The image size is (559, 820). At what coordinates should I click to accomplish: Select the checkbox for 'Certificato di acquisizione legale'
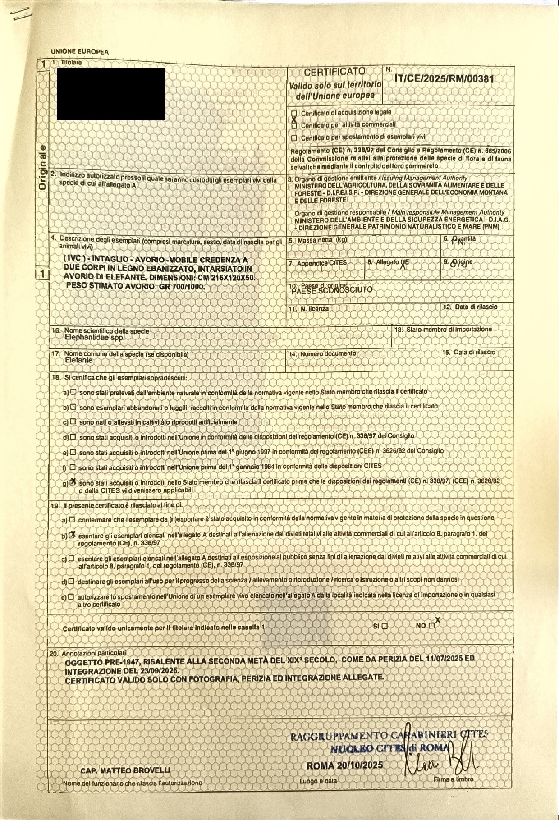[x=294, y=113]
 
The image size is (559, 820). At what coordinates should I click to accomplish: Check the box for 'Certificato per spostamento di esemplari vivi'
[x=294, y=138]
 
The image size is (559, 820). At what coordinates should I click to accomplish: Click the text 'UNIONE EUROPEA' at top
[x=80, y=52]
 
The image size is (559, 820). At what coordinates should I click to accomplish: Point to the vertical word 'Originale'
[x=42, y=167]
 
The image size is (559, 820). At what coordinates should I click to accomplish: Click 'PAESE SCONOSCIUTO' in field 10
[x=332, y=290]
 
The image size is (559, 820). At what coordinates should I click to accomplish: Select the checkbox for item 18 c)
[x=73, y=422]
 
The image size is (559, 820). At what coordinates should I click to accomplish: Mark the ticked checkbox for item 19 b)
[x=72, y=535]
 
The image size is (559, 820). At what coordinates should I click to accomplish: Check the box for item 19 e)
[x=71, y=596]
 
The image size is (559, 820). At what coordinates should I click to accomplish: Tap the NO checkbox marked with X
[x=432, y=626]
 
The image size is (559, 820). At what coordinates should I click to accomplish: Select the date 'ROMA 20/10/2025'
[x=344, y=765]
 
